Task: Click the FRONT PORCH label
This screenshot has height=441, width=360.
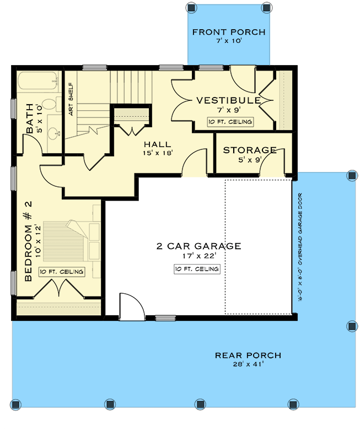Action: point(228,32)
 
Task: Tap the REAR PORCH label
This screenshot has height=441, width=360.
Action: point(248,355)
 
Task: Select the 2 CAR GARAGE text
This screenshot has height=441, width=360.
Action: point(198,246)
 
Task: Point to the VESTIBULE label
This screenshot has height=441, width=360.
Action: point(228,100)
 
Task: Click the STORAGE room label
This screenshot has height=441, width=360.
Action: point(250,150)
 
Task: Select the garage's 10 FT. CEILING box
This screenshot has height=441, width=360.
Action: point(196,269)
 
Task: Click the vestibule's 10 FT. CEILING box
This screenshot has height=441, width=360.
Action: point(229,122)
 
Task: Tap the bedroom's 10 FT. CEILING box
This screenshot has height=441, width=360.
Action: point(62,272)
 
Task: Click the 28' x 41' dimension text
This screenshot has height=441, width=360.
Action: point(248,365)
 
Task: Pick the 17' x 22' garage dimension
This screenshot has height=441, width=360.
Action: point(198,256)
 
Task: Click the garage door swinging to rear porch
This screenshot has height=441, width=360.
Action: point(130,306)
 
